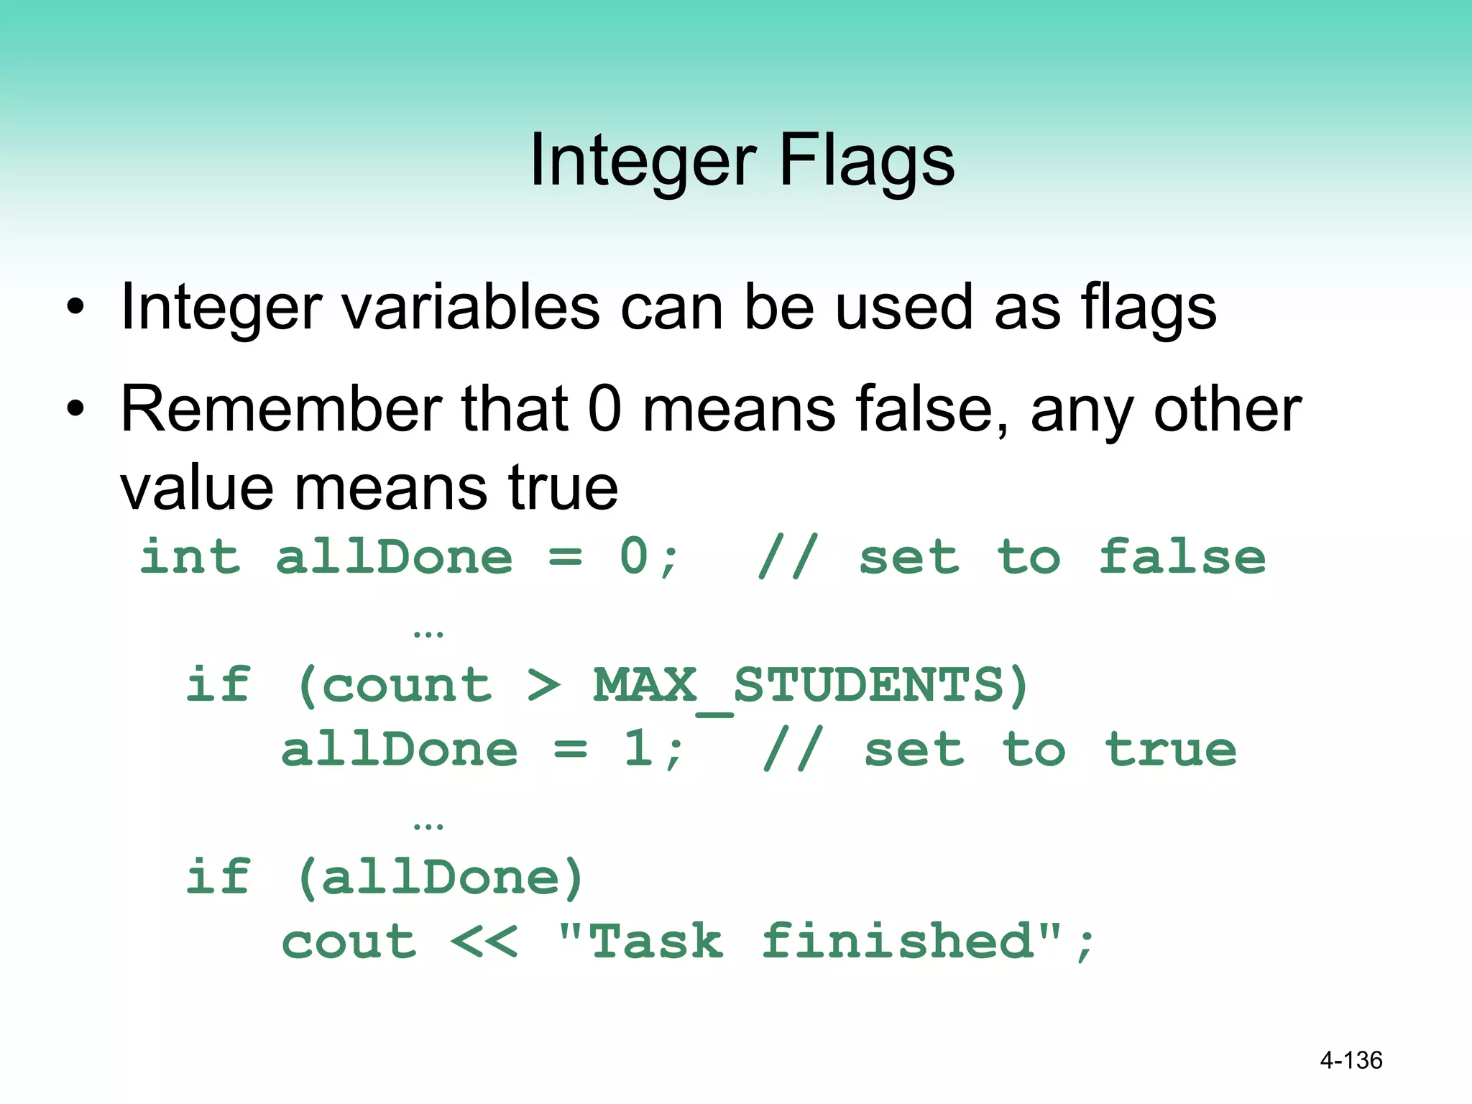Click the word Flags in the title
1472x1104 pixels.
tap(867, 160)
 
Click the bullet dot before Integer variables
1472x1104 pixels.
tap(75, 308)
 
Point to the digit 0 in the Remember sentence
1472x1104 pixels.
tap(604, 410)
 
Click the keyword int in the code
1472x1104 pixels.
tap(190, 557)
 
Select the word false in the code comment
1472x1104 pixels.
tap(1182, 557)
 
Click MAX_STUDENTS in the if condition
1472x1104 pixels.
tap(798, 685)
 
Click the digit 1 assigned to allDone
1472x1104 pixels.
tap(638, 750)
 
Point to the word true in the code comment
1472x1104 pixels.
tap(1171, 750)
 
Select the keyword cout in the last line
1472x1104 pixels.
tap(349, 942)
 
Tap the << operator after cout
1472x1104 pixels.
tap(484, 942)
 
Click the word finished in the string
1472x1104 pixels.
tap(898, 942)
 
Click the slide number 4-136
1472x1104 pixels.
tap(1351, 1060)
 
